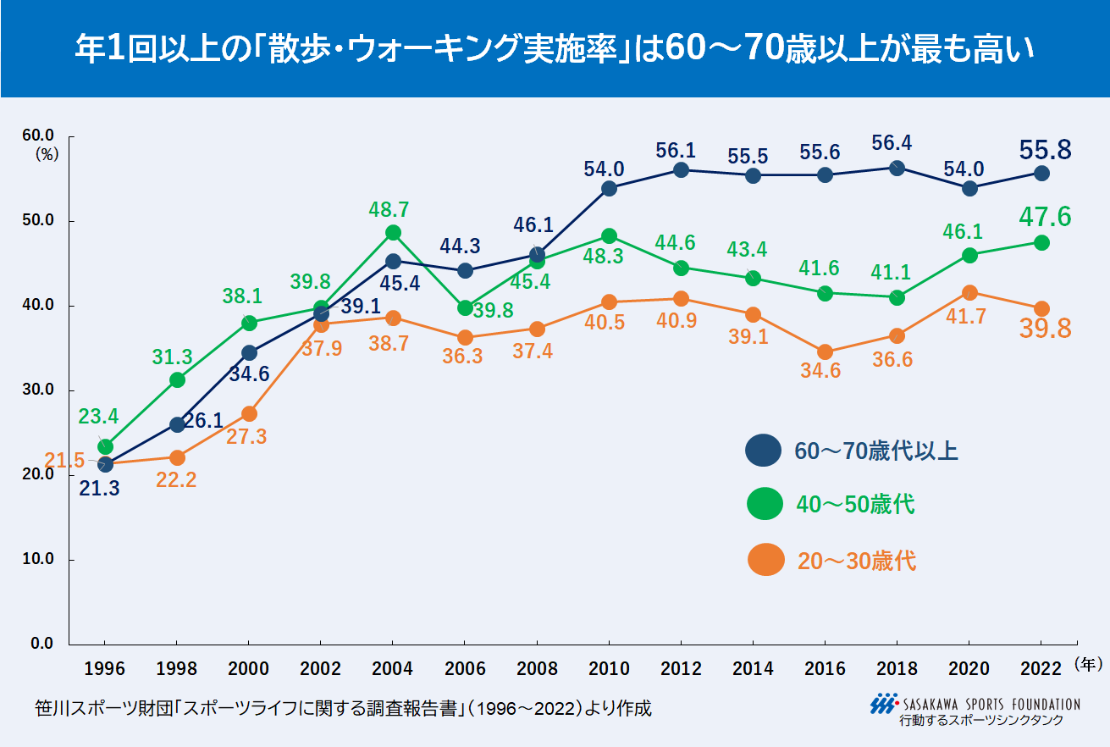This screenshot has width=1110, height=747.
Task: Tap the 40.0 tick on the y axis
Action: pos(37,305)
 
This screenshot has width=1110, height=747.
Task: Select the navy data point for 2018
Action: pos(897,168)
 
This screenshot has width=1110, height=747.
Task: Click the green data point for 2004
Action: pos(393,233)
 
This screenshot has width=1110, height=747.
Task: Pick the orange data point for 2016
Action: pos(825,352)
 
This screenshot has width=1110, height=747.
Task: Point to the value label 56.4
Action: pos(893,144)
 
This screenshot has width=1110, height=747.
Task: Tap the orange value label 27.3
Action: pos(249,437)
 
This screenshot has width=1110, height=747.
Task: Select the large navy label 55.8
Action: pos(1045,150)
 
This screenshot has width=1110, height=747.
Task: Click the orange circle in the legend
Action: pos(765,560)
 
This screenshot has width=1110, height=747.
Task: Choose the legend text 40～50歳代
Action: pos(856,505)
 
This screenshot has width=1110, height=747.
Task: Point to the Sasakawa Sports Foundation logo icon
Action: pos(884,704)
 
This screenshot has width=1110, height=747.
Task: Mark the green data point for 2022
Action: pos(1041,243)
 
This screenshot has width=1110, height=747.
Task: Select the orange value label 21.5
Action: pos(65,461)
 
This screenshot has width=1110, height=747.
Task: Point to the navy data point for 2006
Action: pos(465,271)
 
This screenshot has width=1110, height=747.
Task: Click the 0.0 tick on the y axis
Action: pos(41,644)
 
